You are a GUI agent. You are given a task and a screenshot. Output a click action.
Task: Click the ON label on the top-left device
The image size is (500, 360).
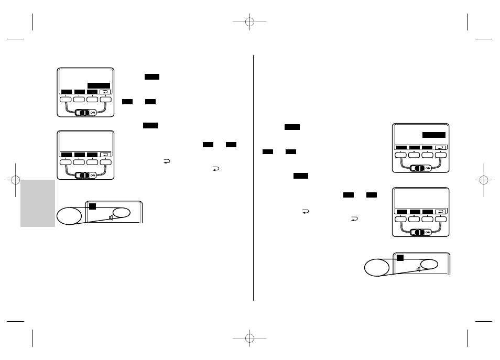point(93,113)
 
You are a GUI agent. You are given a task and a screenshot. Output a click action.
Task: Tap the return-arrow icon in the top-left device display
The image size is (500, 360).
point(105,92)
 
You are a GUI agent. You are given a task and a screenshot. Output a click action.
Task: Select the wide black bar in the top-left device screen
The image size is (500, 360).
point(99,85)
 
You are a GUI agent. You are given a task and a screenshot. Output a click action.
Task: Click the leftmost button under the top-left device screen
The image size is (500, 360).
point(66,99)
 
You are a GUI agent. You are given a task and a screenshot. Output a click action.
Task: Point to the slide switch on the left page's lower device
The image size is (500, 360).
point(82,176)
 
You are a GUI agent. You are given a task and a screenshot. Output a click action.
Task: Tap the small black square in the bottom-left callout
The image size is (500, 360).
point(92,206)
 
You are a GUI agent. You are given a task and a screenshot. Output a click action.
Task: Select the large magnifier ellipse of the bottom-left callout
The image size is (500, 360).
point(70,215)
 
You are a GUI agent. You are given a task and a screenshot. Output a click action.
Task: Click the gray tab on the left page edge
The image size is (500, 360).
point(38,203)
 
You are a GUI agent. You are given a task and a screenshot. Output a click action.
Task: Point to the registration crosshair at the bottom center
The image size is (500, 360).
point(250,337)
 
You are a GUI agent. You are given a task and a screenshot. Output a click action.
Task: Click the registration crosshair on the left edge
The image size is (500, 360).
point(15,180)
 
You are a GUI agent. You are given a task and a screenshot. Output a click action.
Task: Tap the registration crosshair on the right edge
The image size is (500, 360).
point(484,180)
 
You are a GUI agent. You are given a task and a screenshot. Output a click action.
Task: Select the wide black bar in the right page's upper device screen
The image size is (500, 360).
point(434,135)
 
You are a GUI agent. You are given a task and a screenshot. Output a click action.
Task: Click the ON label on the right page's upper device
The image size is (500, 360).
point(428,168)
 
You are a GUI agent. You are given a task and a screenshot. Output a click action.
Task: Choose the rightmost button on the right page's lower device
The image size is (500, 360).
point(441,219)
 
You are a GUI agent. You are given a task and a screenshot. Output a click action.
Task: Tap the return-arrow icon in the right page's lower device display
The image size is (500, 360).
point(441,212)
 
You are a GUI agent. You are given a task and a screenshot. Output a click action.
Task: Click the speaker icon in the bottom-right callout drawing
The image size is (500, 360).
point(419,269)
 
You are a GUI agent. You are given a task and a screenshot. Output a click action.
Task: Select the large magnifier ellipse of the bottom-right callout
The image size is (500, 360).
point(377,267)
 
